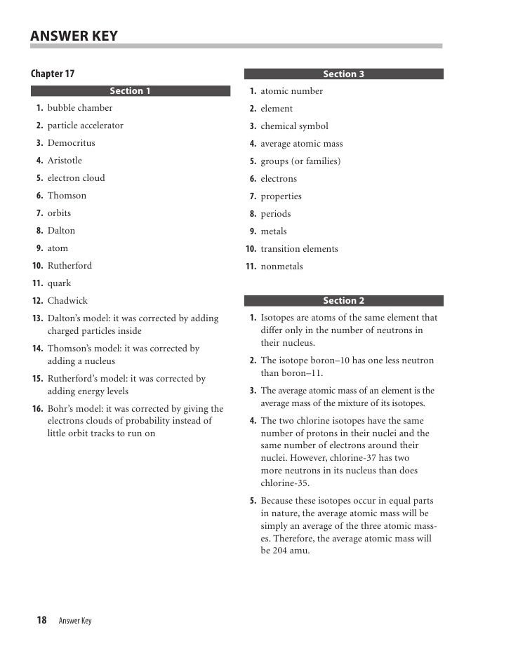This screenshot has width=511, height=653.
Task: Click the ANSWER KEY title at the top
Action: [74, 36]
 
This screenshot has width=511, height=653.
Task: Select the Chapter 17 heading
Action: [53, 74]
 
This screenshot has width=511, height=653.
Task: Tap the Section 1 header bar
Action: [131, 90]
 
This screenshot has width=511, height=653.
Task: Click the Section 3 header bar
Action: [343, 74]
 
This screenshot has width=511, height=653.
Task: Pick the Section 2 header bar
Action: [343, 301]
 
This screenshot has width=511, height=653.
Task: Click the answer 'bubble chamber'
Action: [80, 108]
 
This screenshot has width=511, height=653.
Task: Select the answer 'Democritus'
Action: [72, 143]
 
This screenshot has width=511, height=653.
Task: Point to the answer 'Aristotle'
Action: [65, 161]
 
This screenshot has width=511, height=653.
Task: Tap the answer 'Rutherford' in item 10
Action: [69, 266]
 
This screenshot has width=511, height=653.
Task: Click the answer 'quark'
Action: [60, 283]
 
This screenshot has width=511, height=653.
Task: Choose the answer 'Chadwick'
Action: [67, 301]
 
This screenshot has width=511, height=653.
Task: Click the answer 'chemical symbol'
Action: [294, 126]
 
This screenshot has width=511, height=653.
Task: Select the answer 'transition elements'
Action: [299, 249]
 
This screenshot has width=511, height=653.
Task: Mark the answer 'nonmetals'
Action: [281, 267]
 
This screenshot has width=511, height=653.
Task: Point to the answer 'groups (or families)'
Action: [300, 161]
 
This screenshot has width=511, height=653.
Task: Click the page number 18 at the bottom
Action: [41, 620]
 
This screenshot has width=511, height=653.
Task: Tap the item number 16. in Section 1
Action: [38, 408]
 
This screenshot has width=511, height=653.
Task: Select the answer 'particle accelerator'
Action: [86, 126]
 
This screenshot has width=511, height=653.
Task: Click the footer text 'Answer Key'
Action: [75, 621]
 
